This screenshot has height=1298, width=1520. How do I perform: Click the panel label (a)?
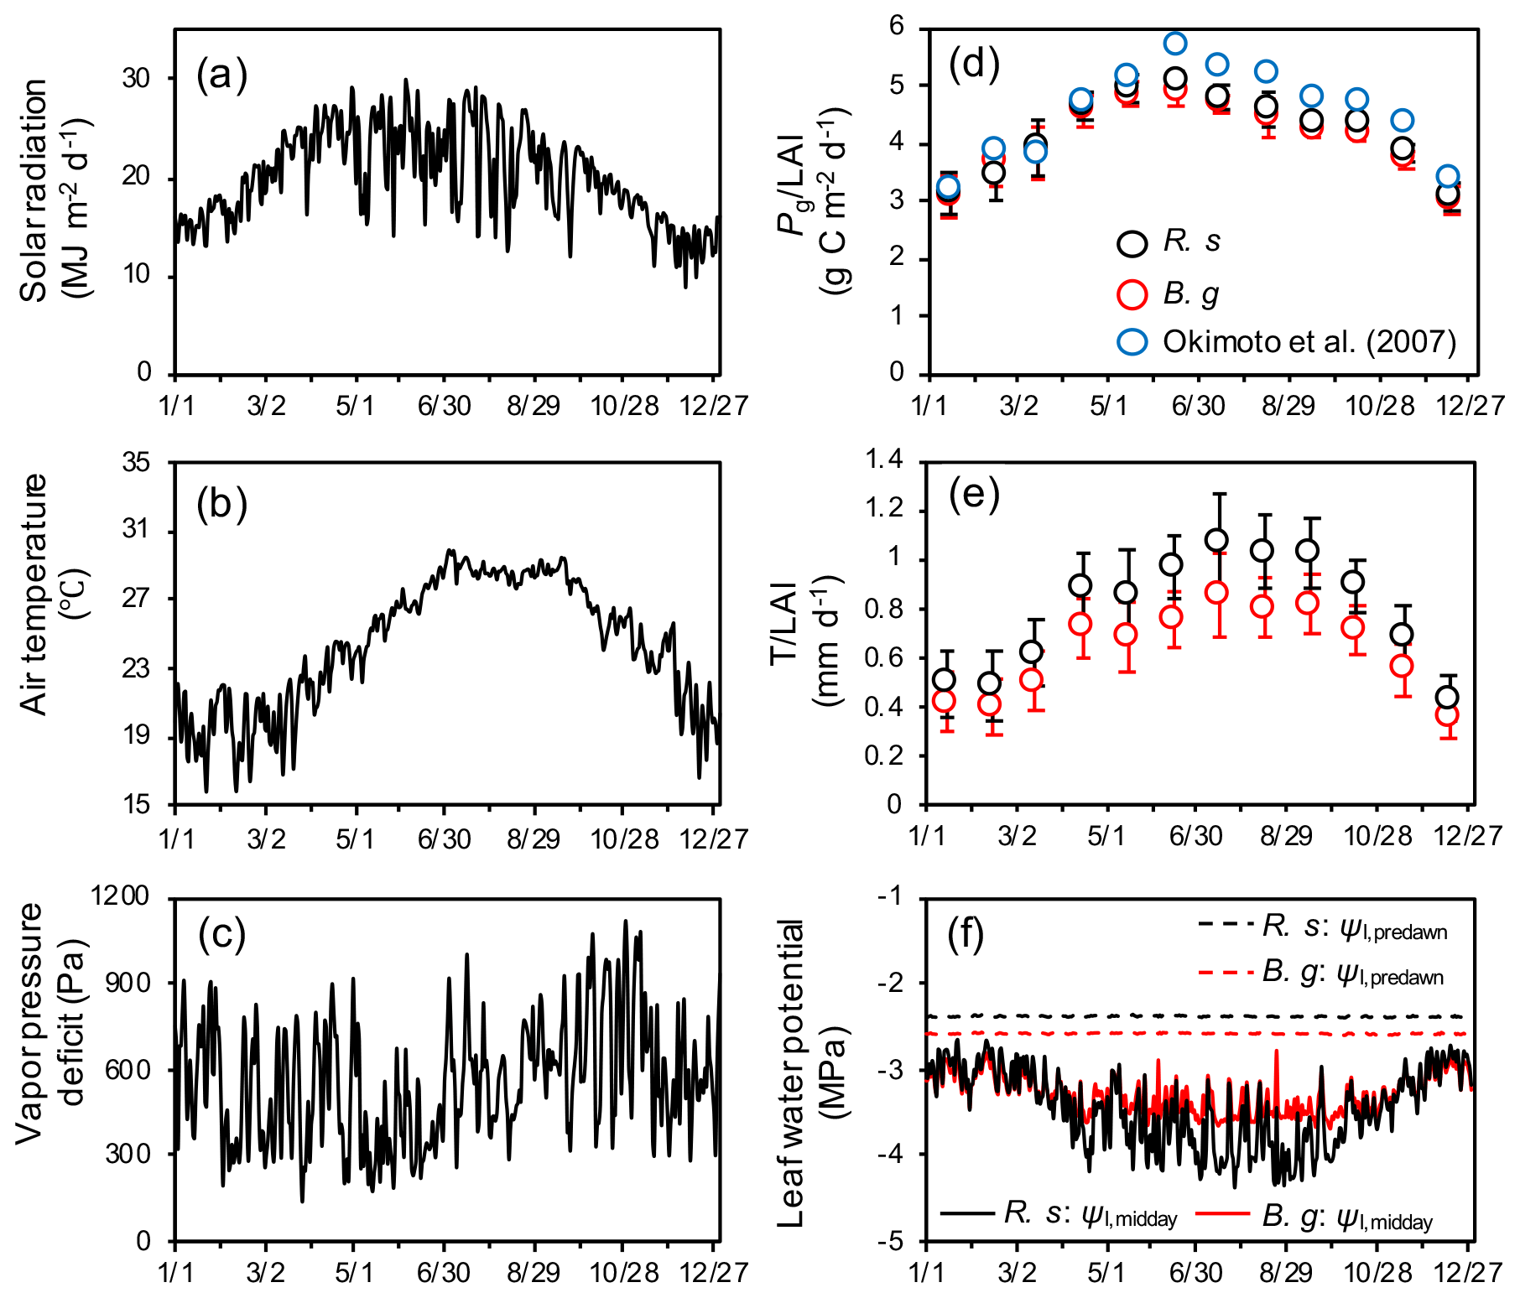point(221,75)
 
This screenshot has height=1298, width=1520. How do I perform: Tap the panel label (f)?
point(965,933)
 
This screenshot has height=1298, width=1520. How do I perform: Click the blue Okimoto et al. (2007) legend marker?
point(1132,341)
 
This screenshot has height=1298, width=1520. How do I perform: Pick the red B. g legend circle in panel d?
point(1132,293)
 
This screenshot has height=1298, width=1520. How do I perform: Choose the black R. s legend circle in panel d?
point(1132,242)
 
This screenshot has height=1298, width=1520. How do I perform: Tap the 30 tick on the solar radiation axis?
point(136,78)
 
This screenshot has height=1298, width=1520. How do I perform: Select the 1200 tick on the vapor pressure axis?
point(120,896)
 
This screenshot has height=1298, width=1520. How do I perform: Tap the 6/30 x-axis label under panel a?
point(445,407)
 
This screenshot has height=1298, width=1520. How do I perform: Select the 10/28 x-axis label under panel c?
point(623,1273)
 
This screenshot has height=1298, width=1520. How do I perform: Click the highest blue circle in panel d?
point(1175,43)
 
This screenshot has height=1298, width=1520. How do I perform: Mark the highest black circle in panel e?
point(1216,540)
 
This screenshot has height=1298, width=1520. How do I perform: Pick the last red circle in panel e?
point(1447,715)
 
